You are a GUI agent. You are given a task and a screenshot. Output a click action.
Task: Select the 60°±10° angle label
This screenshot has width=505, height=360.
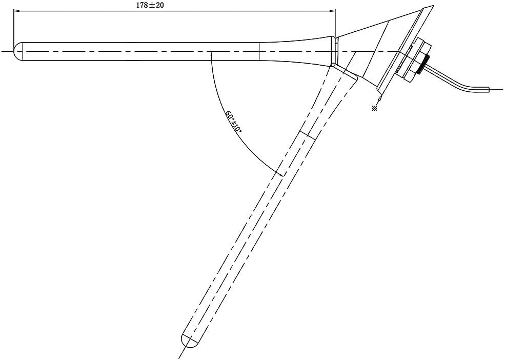(x=232, y=122)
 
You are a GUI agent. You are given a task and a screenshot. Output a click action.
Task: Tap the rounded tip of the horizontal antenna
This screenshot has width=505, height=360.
(x=17, y=51)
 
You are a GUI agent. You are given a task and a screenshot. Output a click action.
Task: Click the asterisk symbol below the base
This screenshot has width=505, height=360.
(x=375, y=108)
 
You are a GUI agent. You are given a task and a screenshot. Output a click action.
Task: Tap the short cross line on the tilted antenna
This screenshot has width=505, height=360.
(x=305, y=133)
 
